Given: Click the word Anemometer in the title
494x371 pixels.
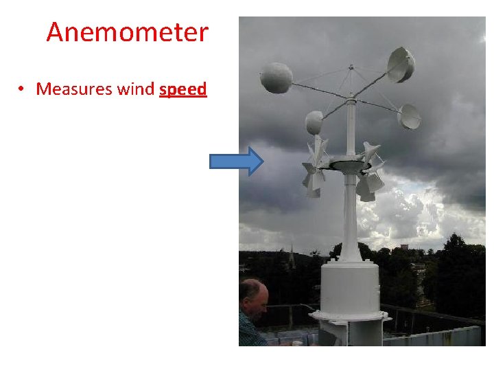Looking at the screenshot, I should point(127,32).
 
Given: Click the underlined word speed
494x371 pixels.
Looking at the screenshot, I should point(183,89).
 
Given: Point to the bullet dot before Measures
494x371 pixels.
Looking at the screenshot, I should point(23,90).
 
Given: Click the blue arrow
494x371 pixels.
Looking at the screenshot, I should point(236,161).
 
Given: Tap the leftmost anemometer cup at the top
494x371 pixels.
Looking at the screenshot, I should point(277,78).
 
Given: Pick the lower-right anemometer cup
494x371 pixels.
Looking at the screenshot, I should point(410,116).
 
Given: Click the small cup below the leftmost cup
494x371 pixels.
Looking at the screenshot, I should point(314,122).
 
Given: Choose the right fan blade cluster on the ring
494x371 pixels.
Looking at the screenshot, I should point(371,172).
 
